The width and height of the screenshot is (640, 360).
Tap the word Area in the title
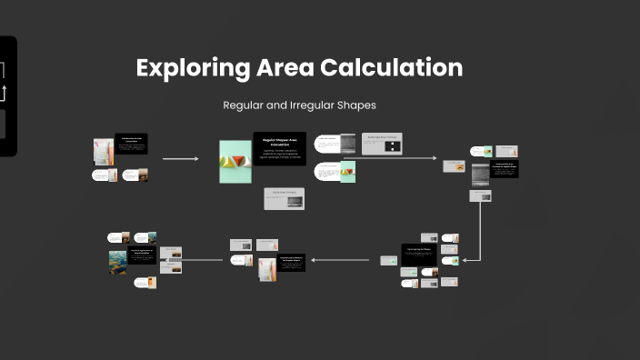pyautogui.click(x=288, y=68)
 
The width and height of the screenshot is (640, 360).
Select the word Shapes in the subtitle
pyautogui.click(x=356, y=105)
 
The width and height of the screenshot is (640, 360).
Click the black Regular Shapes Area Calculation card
pyautogui.click(x=279, y=148)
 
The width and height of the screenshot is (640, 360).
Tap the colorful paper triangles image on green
pyautogui.click(x=235, y=162)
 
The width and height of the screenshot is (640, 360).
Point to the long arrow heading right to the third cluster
pyautogui.click(x=400, y=158)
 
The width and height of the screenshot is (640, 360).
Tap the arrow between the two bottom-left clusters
pyautogui.click(x=205, y=261)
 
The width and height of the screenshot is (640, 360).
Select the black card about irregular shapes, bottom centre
pyautogui.click(x=291, y=262)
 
